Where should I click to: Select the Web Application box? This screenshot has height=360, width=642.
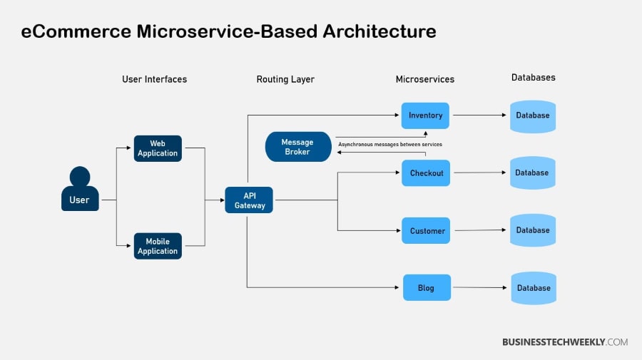158,148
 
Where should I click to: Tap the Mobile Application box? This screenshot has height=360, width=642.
158,246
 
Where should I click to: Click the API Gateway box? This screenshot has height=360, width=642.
249,200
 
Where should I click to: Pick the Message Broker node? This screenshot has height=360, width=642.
297,147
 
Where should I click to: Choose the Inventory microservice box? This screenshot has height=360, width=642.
425,115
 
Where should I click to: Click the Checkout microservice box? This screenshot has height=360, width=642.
426,173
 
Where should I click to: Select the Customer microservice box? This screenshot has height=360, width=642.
427,231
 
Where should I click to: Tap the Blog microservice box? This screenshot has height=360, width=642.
427,288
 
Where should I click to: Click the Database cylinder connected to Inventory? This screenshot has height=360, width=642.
532,115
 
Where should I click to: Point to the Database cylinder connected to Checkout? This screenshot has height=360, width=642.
532,173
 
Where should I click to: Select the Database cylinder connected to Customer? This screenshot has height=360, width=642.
533,230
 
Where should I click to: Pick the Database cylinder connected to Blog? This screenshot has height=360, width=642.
533,288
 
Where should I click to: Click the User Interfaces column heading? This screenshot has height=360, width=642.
154,79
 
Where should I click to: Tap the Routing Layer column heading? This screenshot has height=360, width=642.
285,79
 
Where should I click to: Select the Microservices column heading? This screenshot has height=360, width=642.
425,79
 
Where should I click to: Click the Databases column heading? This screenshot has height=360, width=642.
533,77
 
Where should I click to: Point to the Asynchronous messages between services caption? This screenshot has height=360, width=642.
389,145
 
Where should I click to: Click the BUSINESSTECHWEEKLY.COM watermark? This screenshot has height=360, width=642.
565,342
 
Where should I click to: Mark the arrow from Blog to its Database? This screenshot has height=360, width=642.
481,288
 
